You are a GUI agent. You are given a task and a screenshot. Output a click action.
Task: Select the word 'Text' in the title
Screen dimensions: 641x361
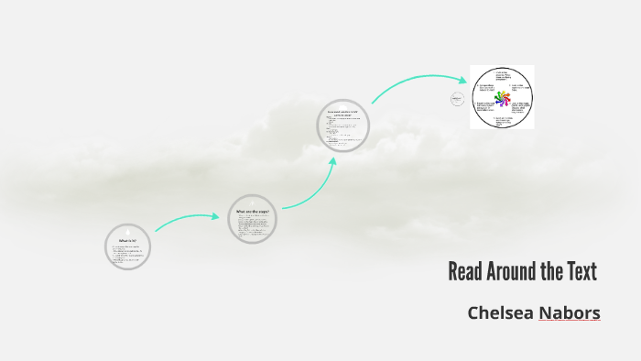[x=581, y=272]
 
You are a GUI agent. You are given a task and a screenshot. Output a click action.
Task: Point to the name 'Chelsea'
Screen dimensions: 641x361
[x=500, y=313]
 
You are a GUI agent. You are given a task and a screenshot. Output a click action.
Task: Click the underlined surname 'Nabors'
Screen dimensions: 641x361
[x=570, y=313]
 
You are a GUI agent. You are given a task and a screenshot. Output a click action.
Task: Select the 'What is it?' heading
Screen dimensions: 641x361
[x=127, y=240]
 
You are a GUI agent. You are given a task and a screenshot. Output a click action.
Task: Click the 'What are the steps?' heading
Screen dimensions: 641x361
[x=251, y=212]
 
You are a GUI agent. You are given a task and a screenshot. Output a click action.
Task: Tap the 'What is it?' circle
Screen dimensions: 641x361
[x=127, y=246]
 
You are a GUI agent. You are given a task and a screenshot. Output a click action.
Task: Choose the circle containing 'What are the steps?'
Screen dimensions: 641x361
[x=252, y=219]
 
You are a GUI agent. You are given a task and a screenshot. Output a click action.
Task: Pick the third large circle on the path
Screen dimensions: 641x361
[x=343, y=125]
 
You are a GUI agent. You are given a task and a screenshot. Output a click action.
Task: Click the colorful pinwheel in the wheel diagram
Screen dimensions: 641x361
[x=501, y=97]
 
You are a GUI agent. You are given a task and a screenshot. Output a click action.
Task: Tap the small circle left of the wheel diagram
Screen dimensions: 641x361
[x=458, y=100]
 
